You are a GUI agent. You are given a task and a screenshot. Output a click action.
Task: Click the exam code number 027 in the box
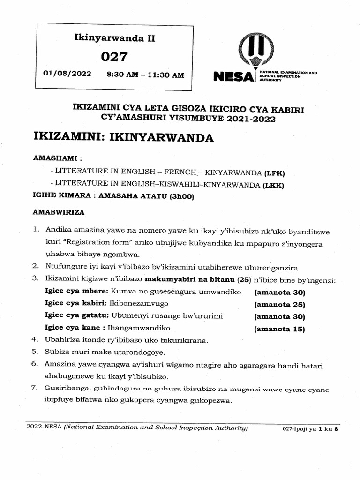(114, 57)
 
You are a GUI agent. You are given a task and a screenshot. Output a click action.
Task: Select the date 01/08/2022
(67, 74)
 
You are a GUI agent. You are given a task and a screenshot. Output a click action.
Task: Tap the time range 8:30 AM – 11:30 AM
(145, 75)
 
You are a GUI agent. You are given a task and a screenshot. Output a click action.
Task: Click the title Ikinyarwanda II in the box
(115, 38)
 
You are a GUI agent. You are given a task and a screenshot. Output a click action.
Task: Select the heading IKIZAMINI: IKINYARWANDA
(124, 137)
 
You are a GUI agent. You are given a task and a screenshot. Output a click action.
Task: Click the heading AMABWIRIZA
(59, 212)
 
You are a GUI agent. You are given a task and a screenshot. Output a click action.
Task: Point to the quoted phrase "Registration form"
(94, 244)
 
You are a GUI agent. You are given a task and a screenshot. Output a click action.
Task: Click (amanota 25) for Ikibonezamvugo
(279, 304)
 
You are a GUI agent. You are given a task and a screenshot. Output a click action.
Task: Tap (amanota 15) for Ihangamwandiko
(279, 329)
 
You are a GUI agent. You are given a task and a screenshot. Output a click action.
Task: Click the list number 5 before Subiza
(35, 352)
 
